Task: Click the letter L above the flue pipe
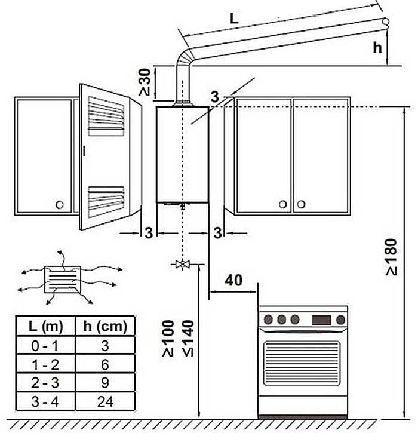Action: (234, 19)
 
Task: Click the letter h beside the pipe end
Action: (377, 48)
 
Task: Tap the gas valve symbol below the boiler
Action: (181, 264)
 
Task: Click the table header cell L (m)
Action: (44, 326)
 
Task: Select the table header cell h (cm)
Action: (105, 326)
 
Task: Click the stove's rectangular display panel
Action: (321, 319)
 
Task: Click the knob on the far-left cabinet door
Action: (59, 205)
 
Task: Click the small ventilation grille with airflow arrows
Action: (63, 280)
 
